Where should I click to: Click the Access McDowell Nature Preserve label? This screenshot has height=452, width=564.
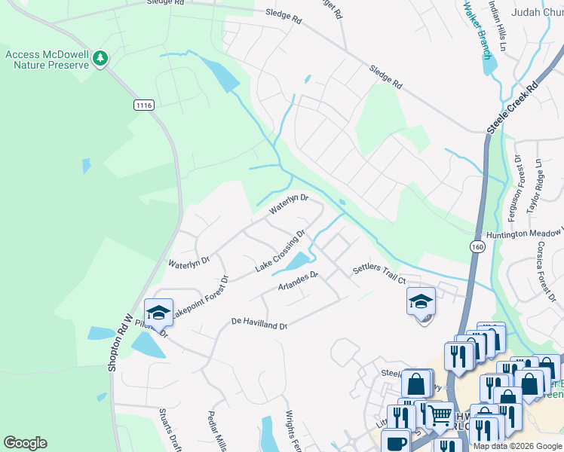(48, 60)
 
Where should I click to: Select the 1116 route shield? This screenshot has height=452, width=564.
(144, 105)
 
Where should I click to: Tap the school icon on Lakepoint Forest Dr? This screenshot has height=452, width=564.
(159, 311)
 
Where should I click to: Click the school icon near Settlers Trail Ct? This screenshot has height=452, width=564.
(421, 301)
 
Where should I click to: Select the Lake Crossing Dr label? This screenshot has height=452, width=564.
(280, 251)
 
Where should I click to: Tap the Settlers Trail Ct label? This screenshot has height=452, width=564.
(381, 275)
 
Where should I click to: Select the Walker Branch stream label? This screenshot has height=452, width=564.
(477, 29)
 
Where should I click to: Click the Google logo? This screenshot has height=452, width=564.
(25, 443)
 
